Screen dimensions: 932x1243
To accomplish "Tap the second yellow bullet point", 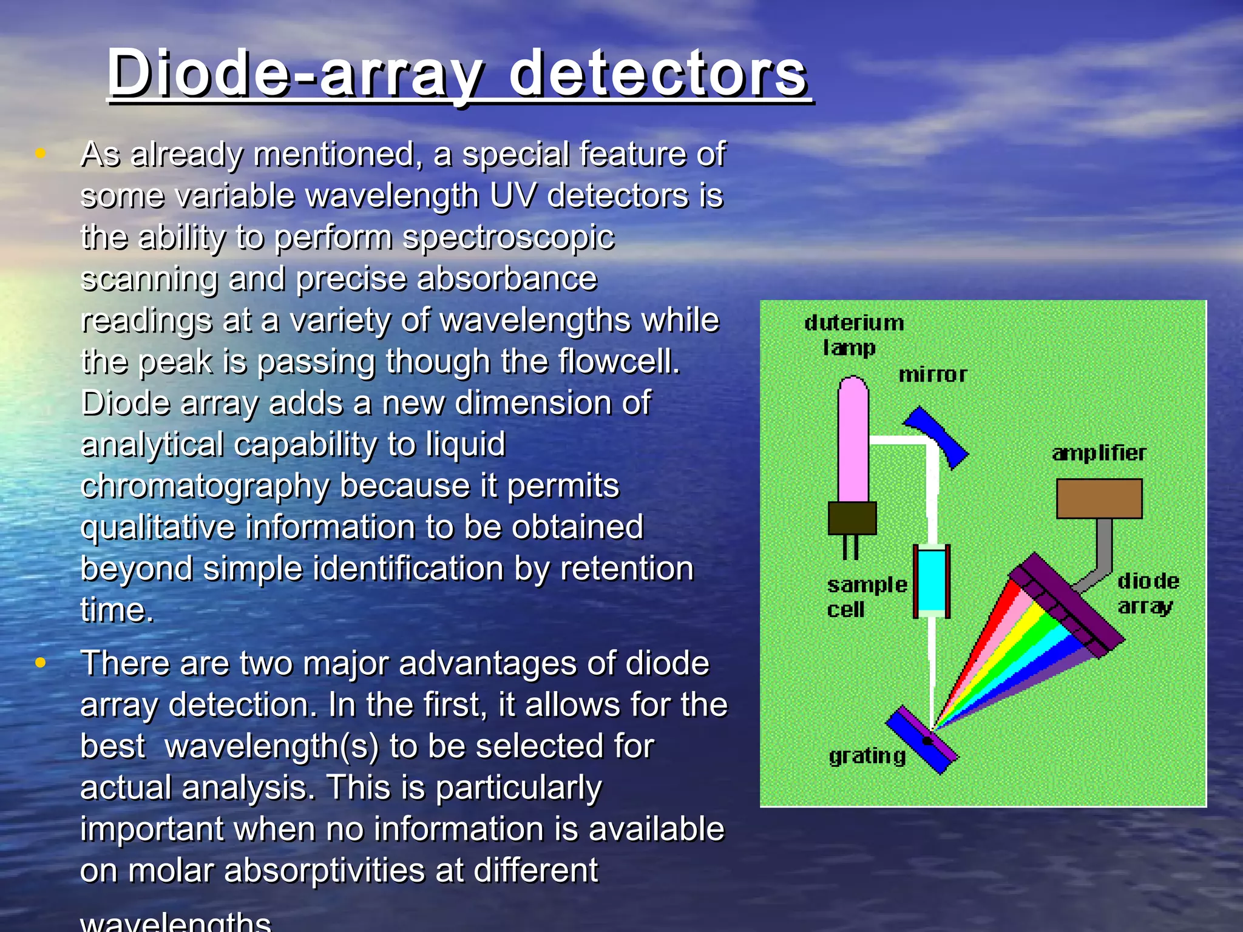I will (x=41, y=663).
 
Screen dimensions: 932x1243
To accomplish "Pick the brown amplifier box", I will (x=1099, y=499).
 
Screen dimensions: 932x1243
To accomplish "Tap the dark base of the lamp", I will (x=852, y=518).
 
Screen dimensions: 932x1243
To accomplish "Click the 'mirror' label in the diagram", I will (x=932, y=375).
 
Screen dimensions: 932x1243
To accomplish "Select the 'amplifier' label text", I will (x=1099, y=453).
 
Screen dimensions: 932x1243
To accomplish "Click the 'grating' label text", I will (x=867, y=756).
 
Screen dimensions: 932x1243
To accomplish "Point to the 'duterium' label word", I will (x=854, y=323).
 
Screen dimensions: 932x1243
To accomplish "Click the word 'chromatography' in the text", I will (x=205, y=486).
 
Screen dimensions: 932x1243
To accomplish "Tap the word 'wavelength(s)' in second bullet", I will (x=271, y=746).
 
